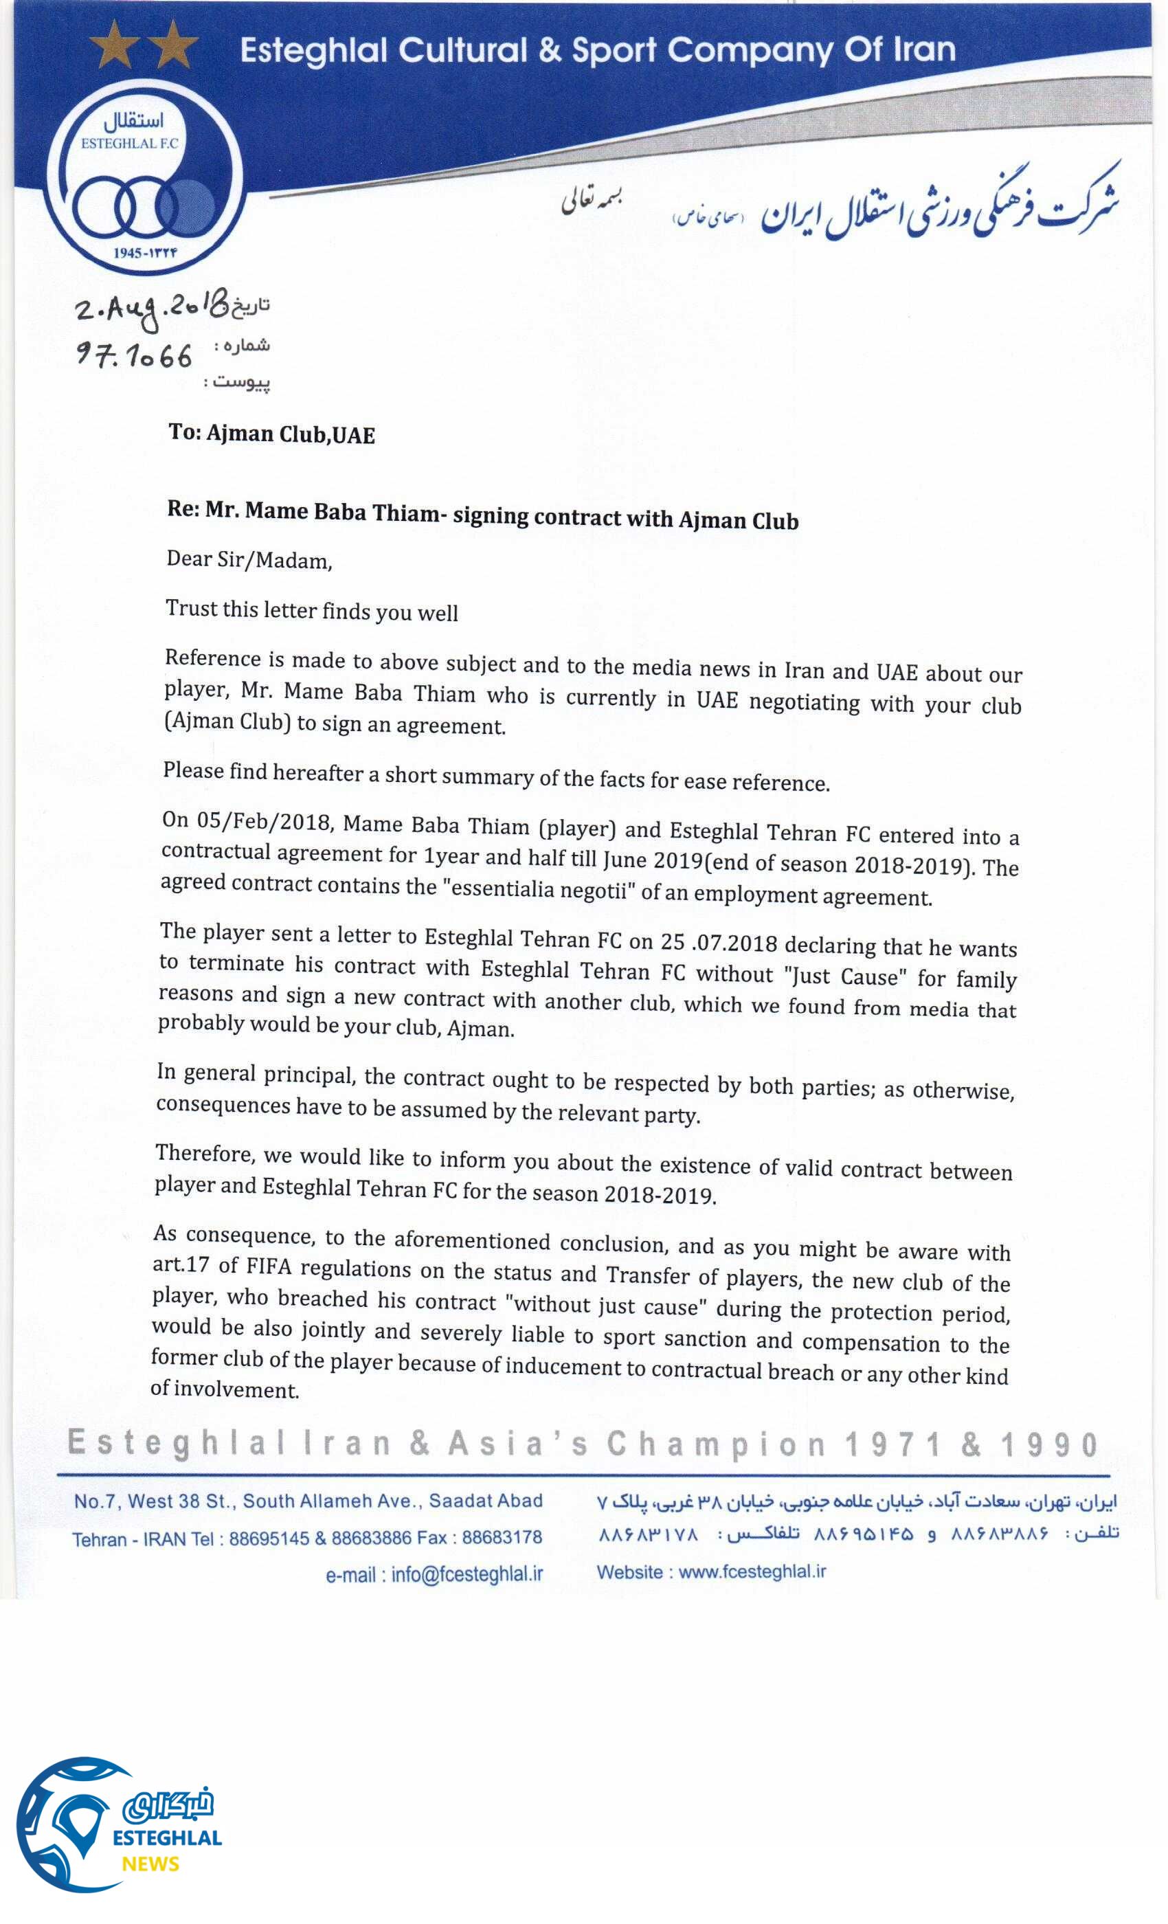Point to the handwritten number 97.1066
coord(133,357)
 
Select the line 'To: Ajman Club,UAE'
coord(271,434)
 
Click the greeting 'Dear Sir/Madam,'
coord(249,560)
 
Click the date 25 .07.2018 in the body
coord(718,941)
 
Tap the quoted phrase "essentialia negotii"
coord(539,889)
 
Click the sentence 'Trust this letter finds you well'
coord(311,610)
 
